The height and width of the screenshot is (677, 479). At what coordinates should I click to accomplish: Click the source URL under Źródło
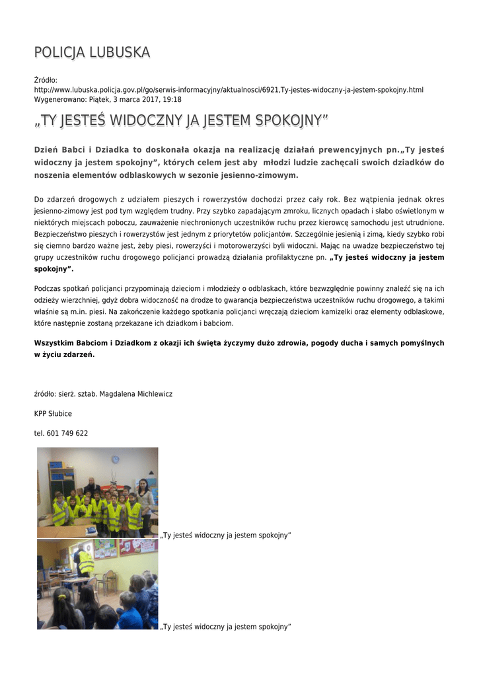[229, 89]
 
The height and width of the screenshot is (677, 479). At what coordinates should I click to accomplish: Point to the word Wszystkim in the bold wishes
[55, 342]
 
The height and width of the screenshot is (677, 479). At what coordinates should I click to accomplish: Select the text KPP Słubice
[53, 414]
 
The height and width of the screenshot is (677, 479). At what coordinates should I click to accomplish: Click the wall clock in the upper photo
[115, 459]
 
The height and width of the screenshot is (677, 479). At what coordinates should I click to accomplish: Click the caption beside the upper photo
[225, 535]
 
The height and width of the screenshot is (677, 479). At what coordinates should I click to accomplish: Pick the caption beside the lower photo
[225, 626]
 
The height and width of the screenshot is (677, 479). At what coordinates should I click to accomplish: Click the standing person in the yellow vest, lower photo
[85, 561]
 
